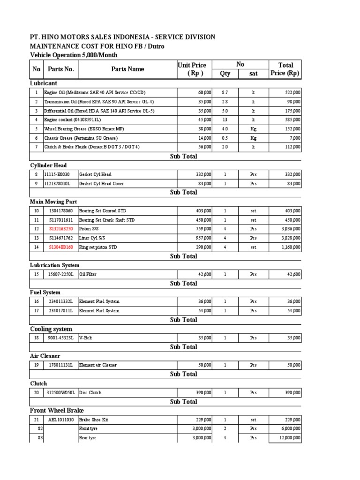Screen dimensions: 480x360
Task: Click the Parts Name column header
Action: pos(127,69)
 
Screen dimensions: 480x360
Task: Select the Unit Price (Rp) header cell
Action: pos(192,69)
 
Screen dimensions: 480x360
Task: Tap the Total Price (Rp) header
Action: pos(285,69)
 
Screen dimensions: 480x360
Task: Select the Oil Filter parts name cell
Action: pos(88,274)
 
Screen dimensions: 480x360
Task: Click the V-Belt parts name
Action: pos(85,337)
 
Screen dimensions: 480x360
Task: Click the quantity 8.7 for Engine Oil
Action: pos(225,93)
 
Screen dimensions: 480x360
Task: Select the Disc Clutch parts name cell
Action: pos(90,392)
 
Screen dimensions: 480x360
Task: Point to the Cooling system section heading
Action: pos(51,329)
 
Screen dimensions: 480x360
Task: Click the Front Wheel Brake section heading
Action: pos(57,410)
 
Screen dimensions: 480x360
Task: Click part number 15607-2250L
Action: pos(61,274)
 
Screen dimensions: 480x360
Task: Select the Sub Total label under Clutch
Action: pos(183,402)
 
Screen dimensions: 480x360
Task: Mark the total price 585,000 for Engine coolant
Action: pos(291,120)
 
